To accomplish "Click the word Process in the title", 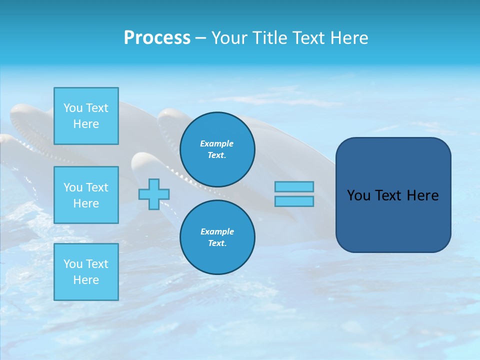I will point(157,38).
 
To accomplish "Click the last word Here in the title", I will point(350,38).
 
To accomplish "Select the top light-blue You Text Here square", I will point(86,116).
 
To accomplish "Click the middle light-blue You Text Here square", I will point(86,195).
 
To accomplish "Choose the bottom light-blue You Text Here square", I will point(86,272).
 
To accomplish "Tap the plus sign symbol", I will point(154,194).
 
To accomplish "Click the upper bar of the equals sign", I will point(294,186).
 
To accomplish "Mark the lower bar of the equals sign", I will point(294,201).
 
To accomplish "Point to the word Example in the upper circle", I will point(217,143).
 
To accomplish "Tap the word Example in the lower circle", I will point(217,231).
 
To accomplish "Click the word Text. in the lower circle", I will point(217,243).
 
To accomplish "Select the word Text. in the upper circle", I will point(217,155).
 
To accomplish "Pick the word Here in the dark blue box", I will point(422,195).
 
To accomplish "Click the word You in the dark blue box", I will point(358,195).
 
